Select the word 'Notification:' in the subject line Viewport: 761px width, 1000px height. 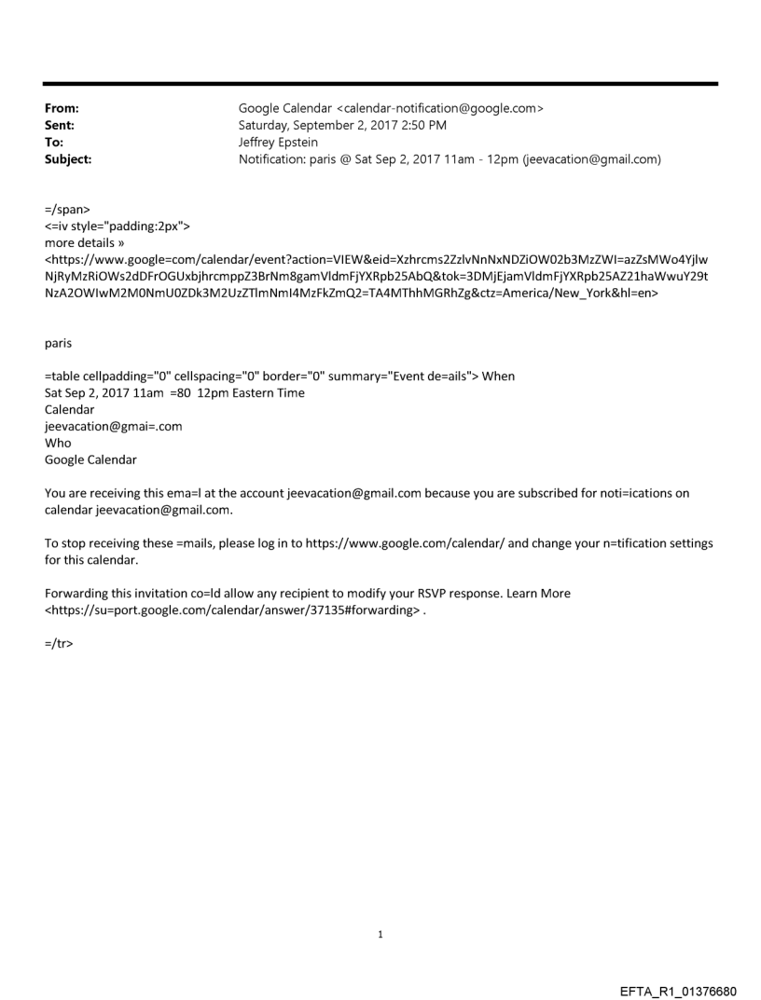click(271, 159)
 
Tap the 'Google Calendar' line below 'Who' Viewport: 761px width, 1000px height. click(90, 459)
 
